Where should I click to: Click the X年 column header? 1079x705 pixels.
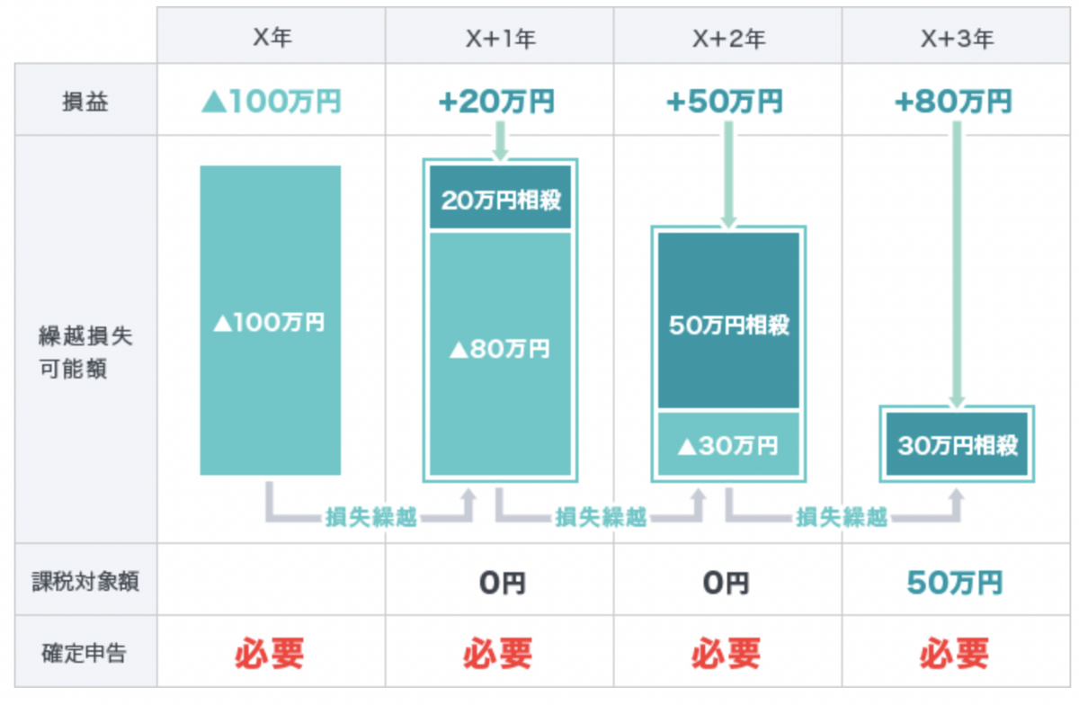click(272, 40)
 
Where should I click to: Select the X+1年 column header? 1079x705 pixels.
click(500, 40)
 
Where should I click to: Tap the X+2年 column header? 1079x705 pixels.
click(728, 40)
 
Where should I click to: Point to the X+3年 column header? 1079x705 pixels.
click(956, 40)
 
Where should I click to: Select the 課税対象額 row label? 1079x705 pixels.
click(85, 582)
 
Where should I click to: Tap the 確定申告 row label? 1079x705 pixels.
click(85, 654)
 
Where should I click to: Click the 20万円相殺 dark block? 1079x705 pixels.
click(500, 199)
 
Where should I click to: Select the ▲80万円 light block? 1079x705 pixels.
click(500, 349)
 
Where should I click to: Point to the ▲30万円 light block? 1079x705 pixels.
click(728, 444)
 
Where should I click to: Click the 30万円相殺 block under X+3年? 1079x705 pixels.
click(957, 444)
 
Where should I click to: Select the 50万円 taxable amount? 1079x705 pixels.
click(954, 583)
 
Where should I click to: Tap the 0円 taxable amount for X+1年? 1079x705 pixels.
click(501, 583)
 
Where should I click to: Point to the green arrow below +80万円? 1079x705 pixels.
click(957, 261)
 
